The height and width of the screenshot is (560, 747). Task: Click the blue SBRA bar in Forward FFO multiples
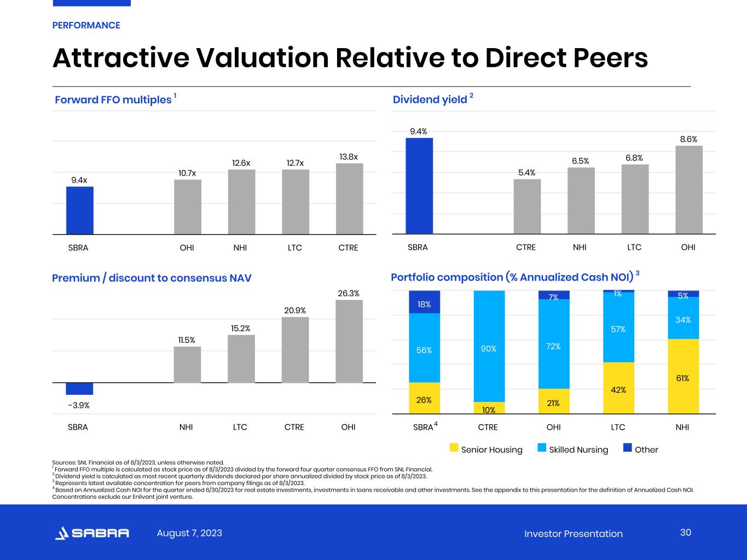point(80,210)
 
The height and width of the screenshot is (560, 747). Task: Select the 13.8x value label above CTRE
point(349,157)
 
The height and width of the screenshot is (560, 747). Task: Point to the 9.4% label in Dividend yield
point(419,131)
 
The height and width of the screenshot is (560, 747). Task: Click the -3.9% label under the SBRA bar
point(79,406)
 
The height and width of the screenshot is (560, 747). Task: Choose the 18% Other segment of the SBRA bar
point(424,302)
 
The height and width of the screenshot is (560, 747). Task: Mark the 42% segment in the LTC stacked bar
point(618,388)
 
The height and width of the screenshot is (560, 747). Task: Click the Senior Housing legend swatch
point(454,448)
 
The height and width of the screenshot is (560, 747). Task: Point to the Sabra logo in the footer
point(92,533)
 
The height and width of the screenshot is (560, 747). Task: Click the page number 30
point(686,533)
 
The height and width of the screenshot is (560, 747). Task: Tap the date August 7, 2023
point(189,533)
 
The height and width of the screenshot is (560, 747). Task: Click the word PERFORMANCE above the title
point(86,25)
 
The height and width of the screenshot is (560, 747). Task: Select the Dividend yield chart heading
point(430,100)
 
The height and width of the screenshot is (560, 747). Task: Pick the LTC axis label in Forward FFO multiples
point(295,248)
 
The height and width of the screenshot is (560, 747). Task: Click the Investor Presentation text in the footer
point(573,534)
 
